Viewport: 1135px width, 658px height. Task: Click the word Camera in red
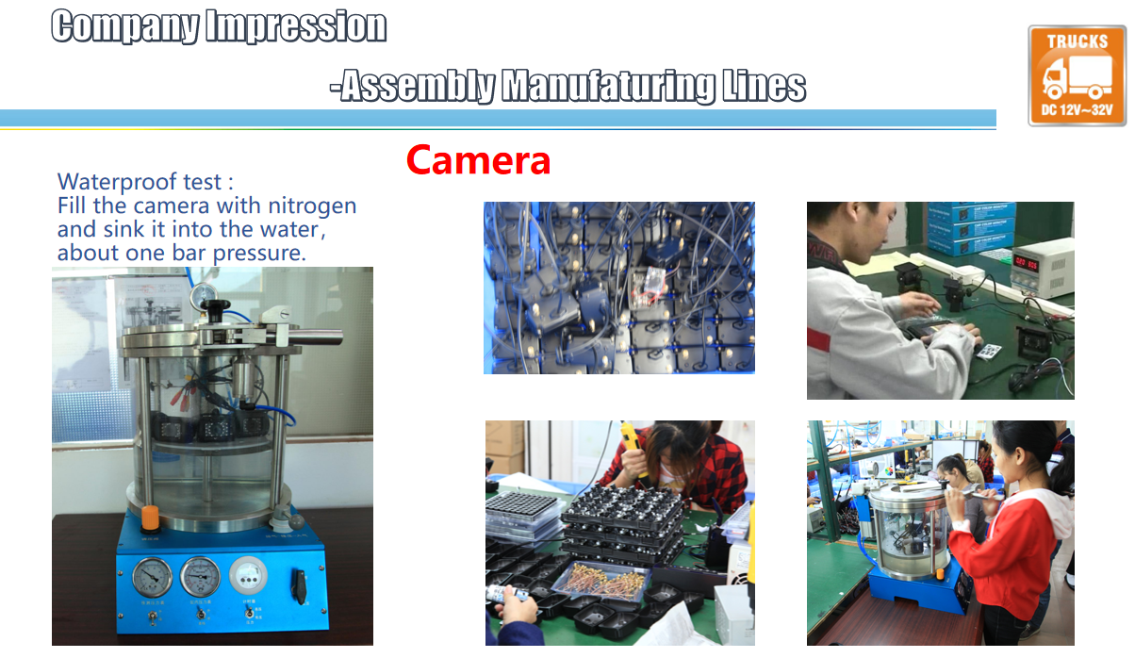pyautogui.click(x=478, y=160)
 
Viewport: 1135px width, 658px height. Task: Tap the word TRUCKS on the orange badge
pyautogui.click(x=1077, y=41)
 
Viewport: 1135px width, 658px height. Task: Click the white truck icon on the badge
pyautogui.click(x=1077, y=76)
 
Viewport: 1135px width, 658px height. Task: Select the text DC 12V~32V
pyautogui.click(x=1077, y=109)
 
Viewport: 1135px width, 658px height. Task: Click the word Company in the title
pyautogui.click(x=125, y=26)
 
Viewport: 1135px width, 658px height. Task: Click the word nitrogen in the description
pyautogui.click(x=312, y=206)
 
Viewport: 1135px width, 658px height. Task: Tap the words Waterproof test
pyautogui.click(x=140, y=181)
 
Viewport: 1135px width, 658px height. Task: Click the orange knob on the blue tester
pyautogui.click(x=151, y=518)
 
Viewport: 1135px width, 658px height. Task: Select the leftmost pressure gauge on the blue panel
pyautogui.click(x=152, y=576)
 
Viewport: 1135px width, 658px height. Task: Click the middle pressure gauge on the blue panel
pyautogui.click(x=200, y=576)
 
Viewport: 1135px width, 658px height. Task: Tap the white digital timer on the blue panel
pyautogui.click(x=248, y=575)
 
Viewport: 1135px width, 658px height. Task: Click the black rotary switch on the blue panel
pyautogui.click(x=300, y=586)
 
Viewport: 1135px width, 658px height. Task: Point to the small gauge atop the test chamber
pyautogui.click(x=204, y=295)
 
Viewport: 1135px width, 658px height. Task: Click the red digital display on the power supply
pyautogui.click(x=1026, y=263)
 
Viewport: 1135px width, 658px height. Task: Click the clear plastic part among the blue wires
pyautogui.click(x=649, y=287)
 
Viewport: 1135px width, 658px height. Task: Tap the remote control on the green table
pyautogui.click(x=990, y=351)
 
